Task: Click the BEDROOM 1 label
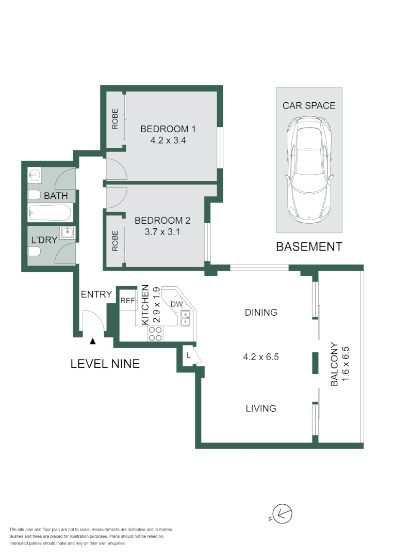(x=168, y=129)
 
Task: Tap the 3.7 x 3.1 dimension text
(x=162, y=232)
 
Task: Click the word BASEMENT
(x=309, y=247)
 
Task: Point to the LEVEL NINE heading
(x=105, y=364)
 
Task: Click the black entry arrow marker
(x=92, y=341)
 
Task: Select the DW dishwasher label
(x=176, y=304)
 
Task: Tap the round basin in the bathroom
(x=35, y=176)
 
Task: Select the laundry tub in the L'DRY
(x=68, y=233)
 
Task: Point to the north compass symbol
(x=283, y=514)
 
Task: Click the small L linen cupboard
(x=189, y=355)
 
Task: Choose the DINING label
(x=261, y=312)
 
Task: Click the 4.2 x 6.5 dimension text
(x=261, y=357)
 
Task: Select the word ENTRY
(x=96, y=295)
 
